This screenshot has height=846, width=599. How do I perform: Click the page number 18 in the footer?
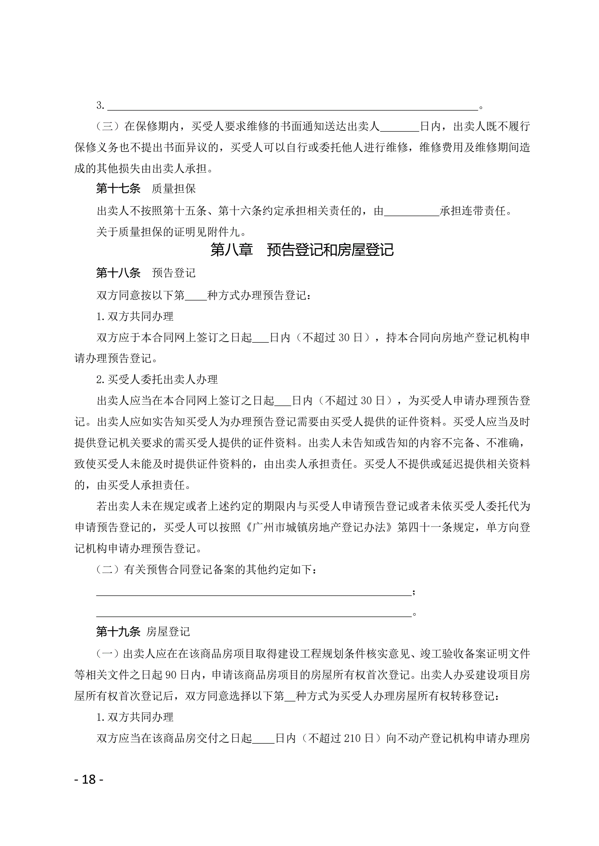pos(89,779)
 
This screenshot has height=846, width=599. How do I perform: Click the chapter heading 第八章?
pos(231,250)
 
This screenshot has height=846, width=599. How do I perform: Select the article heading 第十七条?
pos(118,189)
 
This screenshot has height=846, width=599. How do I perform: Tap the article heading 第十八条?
pos(118,273)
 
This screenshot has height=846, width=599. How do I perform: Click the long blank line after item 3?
pos(293,107)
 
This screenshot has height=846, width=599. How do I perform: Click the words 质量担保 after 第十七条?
pos(174,189)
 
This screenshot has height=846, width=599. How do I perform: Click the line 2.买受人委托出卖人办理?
pos(157,380)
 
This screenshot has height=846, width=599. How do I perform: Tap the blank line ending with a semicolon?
pos(254,592)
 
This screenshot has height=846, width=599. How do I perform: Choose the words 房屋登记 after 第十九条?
pos(168,632)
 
